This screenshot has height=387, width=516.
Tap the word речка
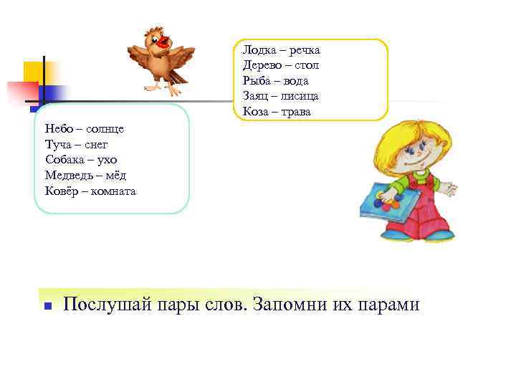click(x=302, y=50)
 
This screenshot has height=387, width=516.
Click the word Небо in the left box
click(x=57, y=128)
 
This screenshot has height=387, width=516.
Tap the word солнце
click(x=105, y=128)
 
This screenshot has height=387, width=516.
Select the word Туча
click(x=58, y=144)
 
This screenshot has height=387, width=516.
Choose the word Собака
click(x=64, y=160)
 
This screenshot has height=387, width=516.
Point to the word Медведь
click(x=67, y=176)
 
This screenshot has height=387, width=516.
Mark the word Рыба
click(x=256, y=81)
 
